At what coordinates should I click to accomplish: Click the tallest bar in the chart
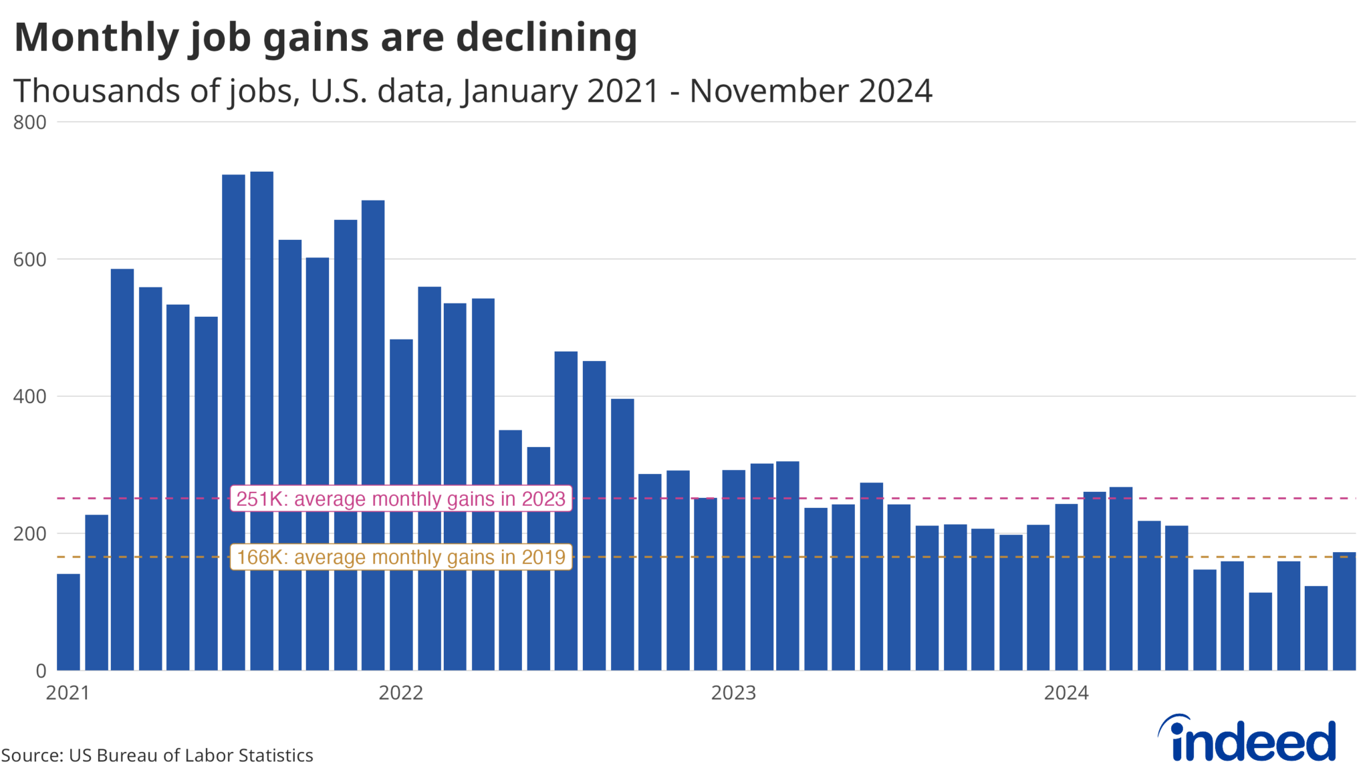(x=261, y=421)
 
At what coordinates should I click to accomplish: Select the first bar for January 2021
(x=68, y=622)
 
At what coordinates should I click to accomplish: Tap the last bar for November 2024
(x=1344, y=611)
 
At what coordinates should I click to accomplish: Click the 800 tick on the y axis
(x=30, y=122)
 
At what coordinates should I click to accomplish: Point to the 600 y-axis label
(x=30, y=259)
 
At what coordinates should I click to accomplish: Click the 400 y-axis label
(x=30, y=396)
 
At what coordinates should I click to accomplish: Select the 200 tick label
(x=30, y=533)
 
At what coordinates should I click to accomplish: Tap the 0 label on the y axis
(x=41, y=670)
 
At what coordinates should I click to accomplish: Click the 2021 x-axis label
(x=68, y=692)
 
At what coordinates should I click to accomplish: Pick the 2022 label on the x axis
(x=400, y=692)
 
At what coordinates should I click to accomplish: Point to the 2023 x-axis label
(x=733, y=692)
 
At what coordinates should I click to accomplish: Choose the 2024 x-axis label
(x=1066, y=692)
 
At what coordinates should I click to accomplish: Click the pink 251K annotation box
(x=400, y=499)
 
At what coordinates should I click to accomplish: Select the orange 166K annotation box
(x=400, y=557)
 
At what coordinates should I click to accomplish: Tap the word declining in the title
(x=546, y=37)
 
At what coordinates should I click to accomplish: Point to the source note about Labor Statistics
(x=157, y=755)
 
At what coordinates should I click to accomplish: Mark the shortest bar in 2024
(x=1260, y=631)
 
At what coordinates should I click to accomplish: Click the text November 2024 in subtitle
(x=810, y=91)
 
